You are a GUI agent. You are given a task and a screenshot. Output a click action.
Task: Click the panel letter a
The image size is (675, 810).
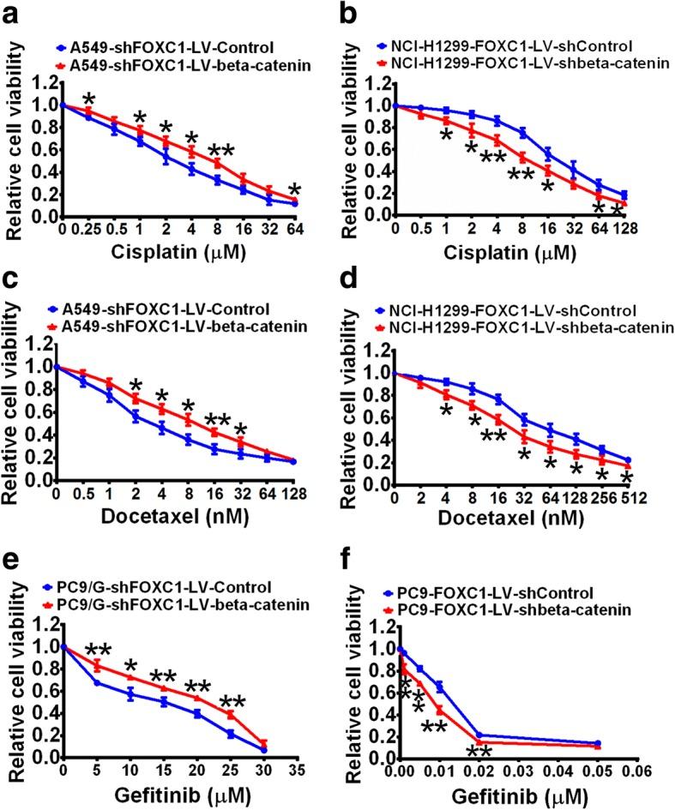[14, 15]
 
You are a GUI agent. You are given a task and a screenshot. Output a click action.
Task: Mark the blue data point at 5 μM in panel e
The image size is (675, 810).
[96, 683]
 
